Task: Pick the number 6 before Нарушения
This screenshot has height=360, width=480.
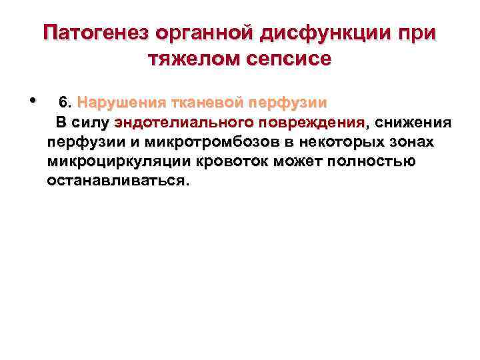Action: click(63, 103)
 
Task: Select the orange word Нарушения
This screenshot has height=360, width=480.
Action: click(117, 103)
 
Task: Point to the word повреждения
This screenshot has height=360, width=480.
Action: click(310, 123)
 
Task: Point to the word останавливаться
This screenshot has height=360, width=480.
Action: click(118, 181)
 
